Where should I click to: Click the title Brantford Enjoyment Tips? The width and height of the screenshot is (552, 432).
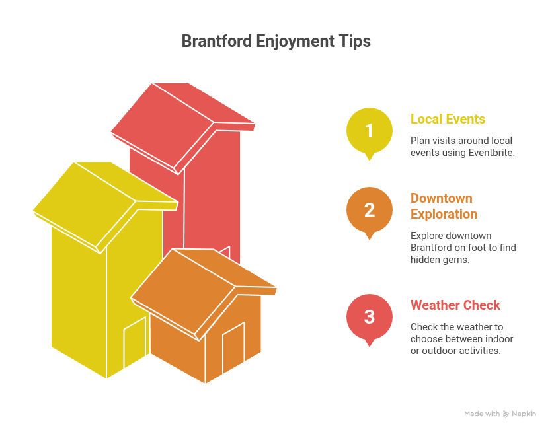(x=276, y=41)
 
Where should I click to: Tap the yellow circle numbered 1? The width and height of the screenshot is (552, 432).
(x=369, y=130)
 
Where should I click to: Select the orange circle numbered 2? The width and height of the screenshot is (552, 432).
(x=369, y=209)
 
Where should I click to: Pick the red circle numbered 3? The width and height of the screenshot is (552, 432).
(x=369, y=316)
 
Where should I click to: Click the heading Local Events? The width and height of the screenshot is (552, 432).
(x=448, y=119)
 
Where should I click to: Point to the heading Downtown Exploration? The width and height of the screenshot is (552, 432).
(x=444, y=206)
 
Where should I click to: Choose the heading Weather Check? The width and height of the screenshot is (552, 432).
(x=455, y=305)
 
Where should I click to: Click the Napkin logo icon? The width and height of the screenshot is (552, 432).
(x=506, y=414)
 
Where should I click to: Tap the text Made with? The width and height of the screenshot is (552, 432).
(x=481, y=414)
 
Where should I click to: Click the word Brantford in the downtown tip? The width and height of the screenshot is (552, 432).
(x=434, y=248)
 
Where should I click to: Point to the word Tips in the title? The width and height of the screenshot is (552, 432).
(x=356, y=41)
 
